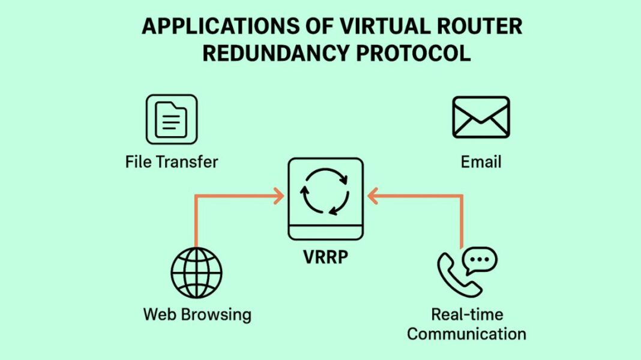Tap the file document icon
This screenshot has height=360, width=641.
[171, 119]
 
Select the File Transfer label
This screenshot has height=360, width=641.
[171, 161]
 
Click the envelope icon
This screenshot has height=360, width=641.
[481, 117]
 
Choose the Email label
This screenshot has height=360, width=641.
[481, 161]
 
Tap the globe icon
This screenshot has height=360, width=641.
[196, 272]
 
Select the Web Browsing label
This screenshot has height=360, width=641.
[197, 314]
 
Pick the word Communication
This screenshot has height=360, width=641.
[466, 334]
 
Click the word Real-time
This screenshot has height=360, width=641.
[466, 314]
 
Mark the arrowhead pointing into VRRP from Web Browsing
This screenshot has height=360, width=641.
[278, 196]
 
